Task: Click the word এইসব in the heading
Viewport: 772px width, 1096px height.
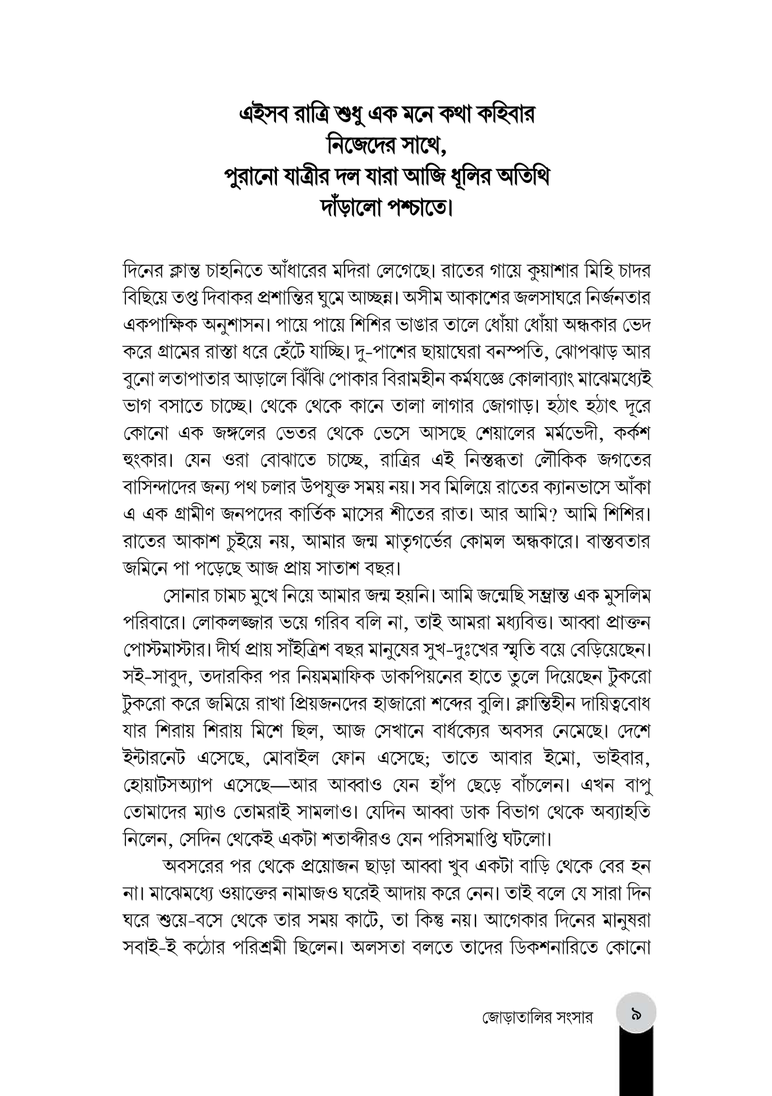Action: coord(263,115)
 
